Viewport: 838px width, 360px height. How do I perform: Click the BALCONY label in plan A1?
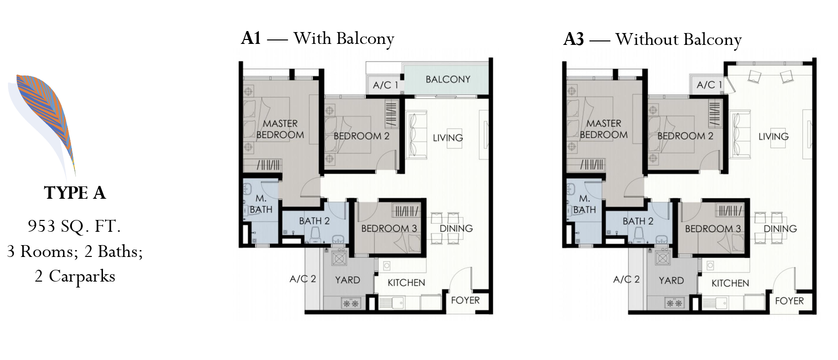pos(448,79)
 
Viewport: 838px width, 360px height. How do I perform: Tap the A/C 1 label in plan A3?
pos(709,85)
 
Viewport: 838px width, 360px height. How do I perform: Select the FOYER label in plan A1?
pos(465,300)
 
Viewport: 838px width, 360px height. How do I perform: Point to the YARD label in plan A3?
pos(671,280)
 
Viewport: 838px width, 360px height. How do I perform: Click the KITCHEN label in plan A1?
pos(406,283)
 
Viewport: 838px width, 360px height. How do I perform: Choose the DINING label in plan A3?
pos(780,229)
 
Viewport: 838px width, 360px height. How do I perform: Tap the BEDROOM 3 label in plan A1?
pos(389,228)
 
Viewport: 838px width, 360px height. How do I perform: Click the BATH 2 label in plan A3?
pos(638,221)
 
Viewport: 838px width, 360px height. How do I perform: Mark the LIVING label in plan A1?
pos(448,138)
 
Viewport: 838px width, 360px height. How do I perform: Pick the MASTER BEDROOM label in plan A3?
pos(603,129)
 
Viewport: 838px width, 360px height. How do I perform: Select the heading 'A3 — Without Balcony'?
pos(653,39)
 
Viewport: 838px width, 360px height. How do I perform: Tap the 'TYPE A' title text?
pos(75,193)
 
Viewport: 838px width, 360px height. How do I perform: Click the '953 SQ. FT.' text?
pos(74,226)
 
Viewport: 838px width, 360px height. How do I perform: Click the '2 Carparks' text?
pos(75,277)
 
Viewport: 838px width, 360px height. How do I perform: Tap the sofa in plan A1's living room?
pos(417,135)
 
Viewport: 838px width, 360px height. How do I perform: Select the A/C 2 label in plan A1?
pos(303,279)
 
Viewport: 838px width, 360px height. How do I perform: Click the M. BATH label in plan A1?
pos(261,204)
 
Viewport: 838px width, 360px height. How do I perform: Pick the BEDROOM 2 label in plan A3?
pos(685,136)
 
